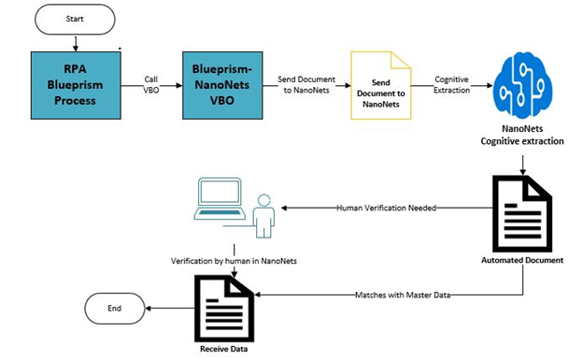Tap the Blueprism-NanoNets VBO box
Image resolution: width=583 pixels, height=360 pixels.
(220, 86)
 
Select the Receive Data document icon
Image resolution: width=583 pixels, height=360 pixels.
(223, 308)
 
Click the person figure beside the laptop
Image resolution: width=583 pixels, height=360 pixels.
(264, 215)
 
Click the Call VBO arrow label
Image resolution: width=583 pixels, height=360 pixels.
(151, 85)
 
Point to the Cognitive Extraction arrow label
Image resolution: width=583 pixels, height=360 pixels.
(451, 85)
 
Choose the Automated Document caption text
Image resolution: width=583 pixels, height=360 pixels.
(523, 260)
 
